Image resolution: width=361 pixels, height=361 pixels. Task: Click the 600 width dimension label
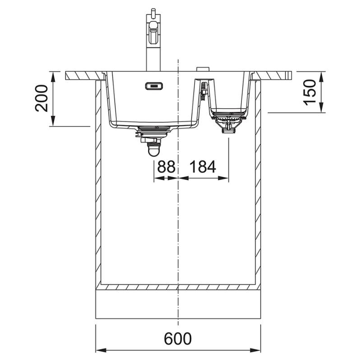tap(178, 338)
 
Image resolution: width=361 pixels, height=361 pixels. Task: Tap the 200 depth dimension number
tap(42, 98)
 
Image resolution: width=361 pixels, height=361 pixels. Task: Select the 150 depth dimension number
tap(310, 92)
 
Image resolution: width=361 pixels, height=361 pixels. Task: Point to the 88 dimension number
tap(166, 167)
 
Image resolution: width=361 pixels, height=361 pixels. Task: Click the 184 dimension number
tap(203, 167)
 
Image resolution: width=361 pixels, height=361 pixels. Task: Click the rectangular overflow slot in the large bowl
tap(154, 86)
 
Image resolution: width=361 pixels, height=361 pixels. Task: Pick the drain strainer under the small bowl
tap(228, 121)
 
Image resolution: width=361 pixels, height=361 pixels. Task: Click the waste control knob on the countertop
tap(203, 69)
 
